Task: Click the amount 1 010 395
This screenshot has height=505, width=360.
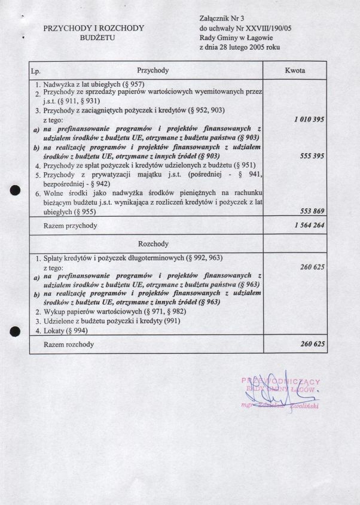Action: point(309,120)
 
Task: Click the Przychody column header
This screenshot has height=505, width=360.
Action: point(152,71)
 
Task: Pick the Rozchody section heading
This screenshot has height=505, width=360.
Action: point(152,244)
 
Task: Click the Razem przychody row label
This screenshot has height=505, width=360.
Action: point(70,226)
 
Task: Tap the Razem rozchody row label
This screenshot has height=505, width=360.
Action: point(69,345)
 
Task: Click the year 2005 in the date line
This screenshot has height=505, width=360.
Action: point(261,47)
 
